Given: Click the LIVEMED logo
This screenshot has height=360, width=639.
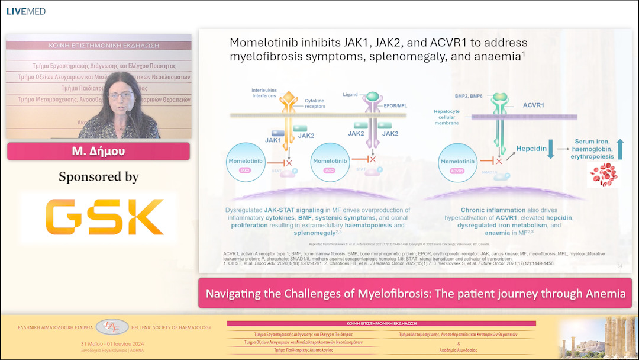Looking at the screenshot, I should [25, 11].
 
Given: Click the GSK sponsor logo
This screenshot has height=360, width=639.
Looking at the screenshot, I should [98, 218].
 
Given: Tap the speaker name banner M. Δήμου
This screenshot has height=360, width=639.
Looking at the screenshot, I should [98, 152].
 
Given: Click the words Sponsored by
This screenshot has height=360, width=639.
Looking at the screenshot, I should [98, 177].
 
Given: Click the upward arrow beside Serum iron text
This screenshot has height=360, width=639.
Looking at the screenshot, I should [620, 149].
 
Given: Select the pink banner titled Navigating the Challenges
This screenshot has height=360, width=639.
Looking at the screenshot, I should [415, 293].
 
